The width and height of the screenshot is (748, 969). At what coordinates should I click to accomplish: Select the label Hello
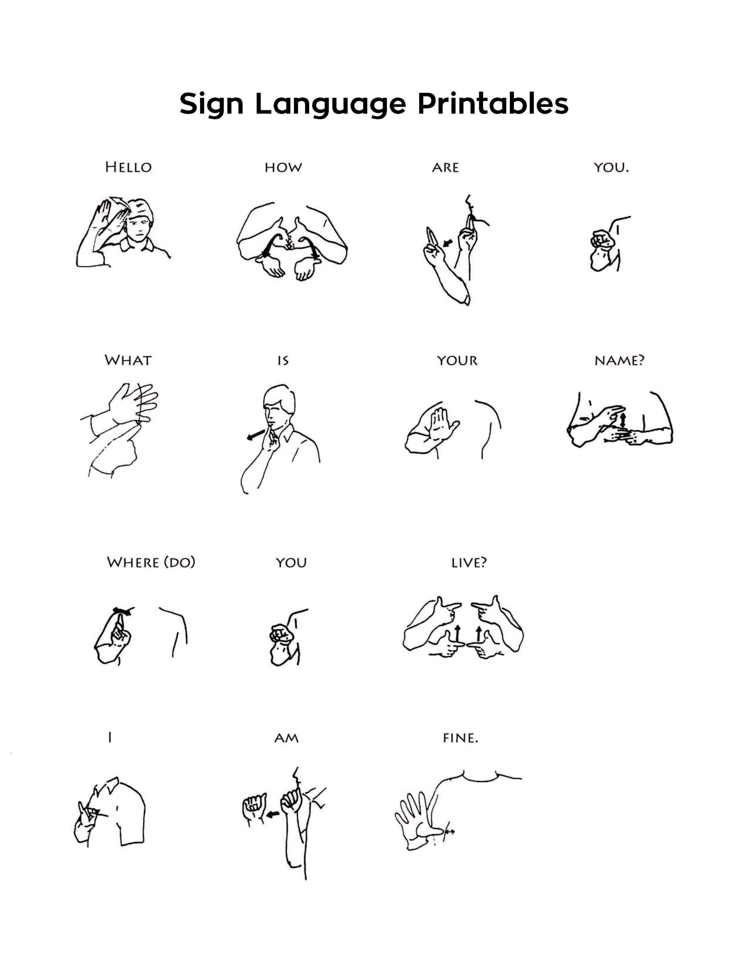click(128, 167)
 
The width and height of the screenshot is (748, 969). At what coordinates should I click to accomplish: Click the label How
click(283, 168)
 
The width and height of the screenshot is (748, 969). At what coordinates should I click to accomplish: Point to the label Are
click(445, 168)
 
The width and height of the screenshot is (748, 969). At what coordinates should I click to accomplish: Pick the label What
click(128, 360)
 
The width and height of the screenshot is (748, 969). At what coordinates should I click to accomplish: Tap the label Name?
click(619, 360)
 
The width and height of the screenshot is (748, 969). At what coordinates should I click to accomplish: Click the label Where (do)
click(151, 562)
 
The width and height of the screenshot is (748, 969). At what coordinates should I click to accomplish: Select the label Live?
click(469, 562)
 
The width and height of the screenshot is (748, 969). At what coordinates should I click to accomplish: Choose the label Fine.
click(460, 738)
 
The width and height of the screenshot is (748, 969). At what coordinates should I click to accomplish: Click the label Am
click(286, 738)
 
